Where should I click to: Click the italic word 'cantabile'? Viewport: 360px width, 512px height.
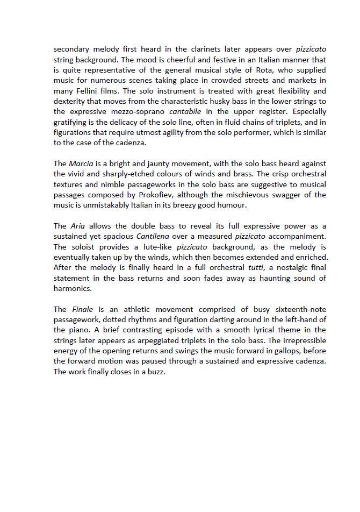(x=186, y=111)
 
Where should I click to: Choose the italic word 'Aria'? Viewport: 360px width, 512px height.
(x=78, y=226)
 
